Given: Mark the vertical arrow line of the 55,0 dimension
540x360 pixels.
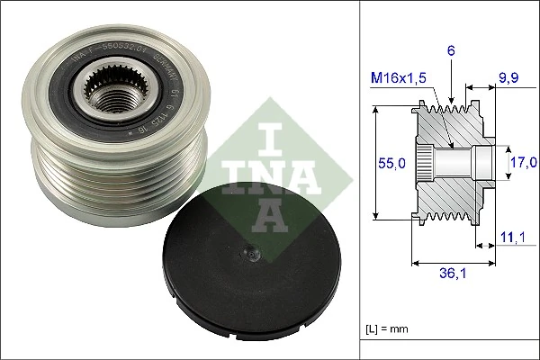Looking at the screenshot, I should [376, 163].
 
